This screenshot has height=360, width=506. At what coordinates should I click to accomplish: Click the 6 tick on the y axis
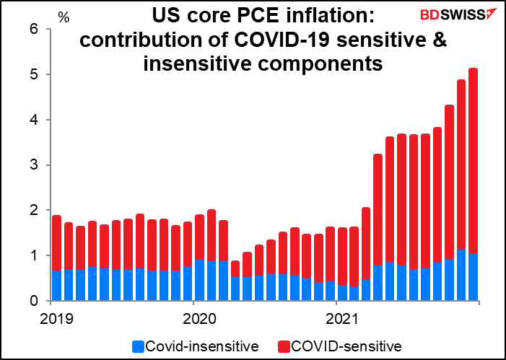coord(33,29)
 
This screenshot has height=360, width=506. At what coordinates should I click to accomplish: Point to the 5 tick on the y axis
coord(33,74)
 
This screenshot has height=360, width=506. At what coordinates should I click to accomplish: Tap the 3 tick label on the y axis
coord(33,165)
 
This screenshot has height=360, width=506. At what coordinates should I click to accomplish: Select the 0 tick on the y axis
coord(33,301)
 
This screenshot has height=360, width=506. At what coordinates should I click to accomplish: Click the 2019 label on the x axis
coord(52,317)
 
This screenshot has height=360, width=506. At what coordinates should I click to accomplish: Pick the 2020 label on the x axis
coord(195,317)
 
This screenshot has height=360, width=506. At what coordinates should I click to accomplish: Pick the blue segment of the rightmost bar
coord(473,277)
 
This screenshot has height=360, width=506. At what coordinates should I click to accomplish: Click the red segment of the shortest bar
coord(235,268)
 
